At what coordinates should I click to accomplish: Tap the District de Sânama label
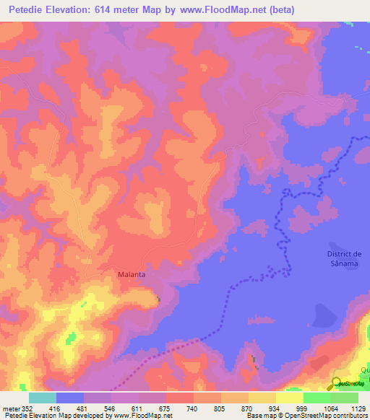coord(344,258)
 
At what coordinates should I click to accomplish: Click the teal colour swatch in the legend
coord(42,398)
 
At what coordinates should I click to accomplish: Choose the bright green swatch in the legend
coord(317,398)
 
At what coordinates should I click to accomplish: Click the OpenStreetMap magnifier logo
coord(337,384)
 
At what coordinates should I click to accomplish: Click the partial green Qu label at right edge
coord(365,369)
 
